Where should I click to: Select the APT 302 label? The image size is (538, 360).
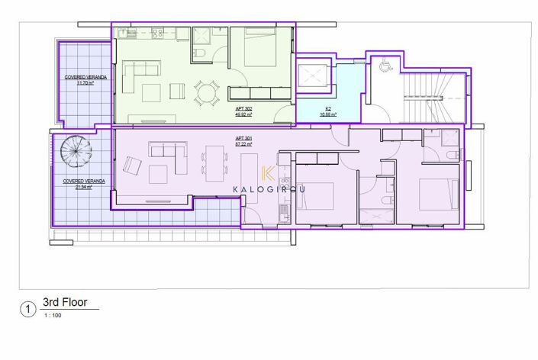click(x=244, y=111)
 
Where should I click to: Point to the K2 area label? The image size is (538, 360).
click(x=328, y=111)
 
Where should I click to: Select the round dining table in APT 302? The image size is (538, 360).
click(x=206, y=93)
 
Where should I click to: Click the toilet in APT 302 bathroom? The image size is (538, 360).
click(x=198, y=53)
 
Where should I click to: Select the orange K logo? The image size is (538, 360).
click(x=269, y=174)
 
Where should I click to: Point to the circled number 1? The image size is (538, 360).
click(x=28, y=309)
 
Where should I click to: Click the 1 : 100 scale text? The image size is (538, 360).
click(x=53, y=316)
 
